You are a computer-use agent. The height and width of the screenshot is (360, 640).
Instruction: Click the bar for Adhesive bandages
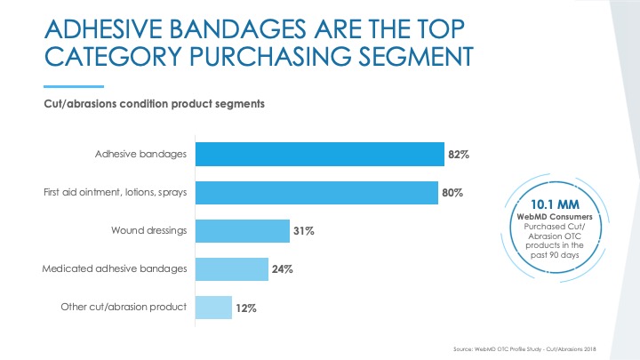pyautogui.click(x=319, y=155)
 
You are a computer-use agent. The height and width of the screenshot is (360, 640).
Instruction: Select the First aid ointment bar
pyautogui.click(x=316, y=193)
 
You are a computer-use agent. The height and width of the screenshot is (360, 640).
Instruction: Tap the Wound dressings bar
pyautogui.click(x=242, y=231)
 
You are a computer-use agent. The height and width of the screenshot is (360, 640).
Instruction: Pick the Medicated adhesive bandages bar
pyautogui.click(x=231, y=269)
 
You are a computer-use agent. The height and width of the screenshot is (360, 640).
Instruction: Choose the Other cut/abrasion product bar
pyautogui.click(x=213, y=308)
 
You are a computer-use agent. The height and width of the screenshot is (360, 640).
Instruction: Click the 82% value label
pyautogui.click(x=459, y=155)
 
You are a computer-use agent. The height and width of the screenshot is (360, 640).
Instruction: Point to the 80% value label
pyautogui.click(x=452, y=193)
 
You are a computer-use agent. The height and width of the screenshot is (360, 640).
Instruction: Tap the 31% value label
pyautogui.click(x=304, y=231)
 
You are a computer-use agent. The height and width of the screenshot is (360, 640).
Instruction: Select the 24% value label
pyautogui.click(x=283, y=269)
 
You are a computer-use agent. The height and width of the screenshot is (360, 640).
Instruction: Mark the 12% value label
pyautogui.click(x=246, y=308)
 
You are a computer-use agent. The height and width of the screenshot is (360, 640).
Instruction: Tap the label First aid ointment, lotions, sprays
pyautogui.click(x=116, y=193)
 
